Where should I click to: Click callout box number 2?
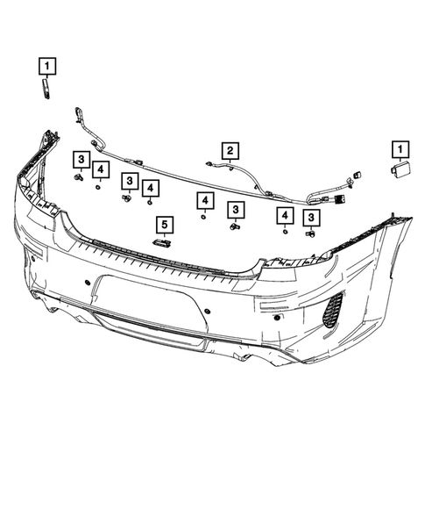pyautogui.click(x=230, y=150)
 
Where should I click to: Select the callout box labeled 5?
pyautogui.click(x=162, y=224)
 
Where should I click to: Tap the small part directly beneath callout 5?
pyautogui.click(x=162, y=242)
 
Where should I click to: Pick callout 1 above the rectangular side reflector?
pyautogui.click(x=400, y=150)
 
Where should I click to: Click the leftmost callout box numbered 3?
pyautogui.click(x=80, y=158)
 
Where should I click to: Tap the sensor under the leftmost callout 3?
pyautogui.click(x=79, y=178)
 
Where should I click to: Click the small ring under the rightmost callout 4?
pyautogui.click(x=286, y=233)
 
